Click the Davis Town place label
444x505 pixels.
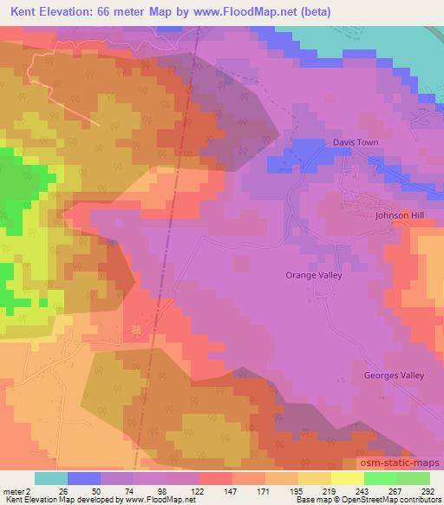(356, 142)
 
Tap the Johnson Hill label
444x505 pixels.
(400, 215)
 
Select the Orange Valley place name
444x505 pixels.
(314, 275)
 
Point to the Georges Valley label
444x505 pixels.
(394, 376)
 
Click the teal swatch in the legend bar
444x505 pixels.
(51, 478)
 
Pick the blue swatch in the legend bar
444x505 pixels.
(84, 478)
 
